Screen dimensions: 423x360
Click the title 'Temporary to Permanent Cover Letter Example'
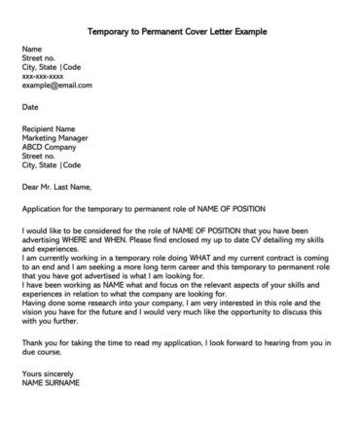[177, 31]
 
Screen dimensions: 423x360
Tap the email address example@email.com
[56, 85]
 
